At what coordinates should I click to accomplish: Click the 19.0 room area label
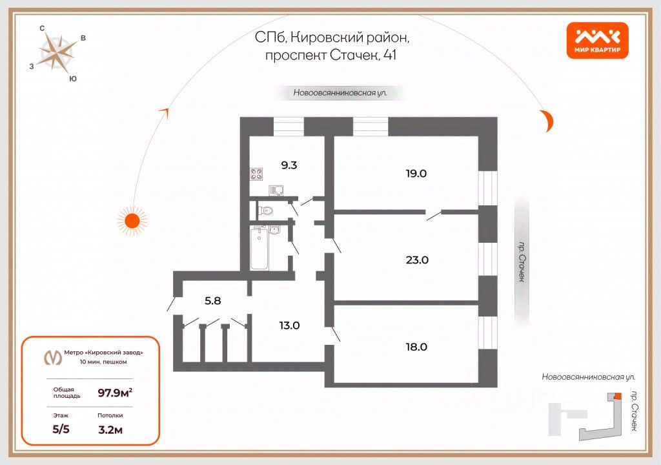click(x=416, y=173)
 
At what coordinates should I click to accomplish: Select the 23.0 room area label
click(x=416, y=260)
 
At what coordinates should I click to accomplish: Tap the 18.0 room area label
click(x=416, y=346)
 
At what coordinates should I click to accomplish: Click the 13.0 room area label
click(x=289, y=325)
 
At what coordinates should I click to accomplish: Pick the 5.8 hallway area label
click(x=213, y=300)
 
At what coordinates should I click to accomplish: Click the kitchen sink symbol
click(x=278, y=190)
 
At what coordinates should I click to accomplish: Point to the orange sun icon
click(x=132, y=220)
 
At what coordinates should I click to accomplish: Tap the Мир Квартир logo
click(x=597, y=40)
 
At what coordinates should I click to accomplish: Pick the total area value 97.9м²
click(x=115, y=392)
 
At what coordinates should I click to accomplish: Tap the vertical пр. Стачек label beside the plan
click(x=521, y=262)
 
